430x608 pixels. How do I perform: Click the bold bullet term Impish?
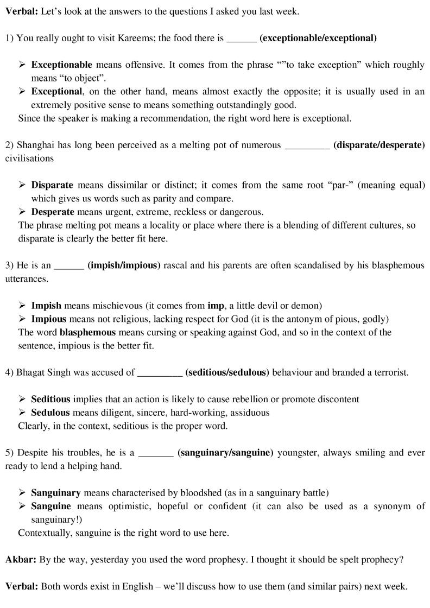(46, 305)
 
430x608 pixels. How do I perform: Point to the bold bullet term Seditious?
(51, 399)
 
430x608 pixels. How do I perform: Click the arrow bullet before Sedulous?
(22, 413)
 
